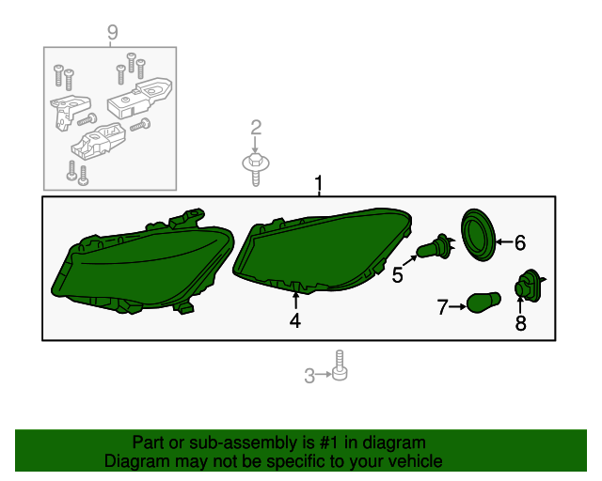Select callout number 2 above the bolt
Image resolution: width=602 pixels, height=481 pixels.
(x=255, y=128)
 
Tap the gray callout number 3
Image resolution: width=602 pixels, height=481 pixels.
(x=309, y=377)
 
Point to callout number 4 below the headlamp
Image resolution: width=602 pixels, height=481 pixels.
(x=295, y=321)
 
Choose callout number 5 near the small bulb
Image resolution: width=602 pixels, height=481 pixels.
(x=398, y=275)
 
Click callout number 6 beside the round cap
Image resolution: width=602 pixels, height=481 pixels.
(x=519, y=243)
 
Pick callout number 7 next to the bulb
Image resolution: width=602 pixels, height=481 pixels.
(x=442, y=304)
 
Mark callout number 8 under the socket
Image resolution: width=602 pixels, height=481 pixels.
(x=520, y=323)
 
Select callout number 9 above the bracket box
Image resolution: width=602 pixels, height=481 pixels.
(x=112, y=34)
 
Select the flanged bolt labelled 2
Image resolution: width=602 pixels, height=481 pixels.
(x=256, y=169)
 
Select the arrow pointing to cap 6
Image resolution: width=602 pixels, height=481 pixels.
(x=503, y=243)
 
